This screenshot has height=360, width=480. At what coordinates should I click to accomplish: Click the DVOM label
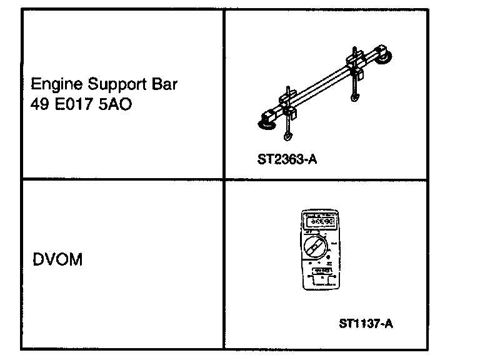coord(56,259)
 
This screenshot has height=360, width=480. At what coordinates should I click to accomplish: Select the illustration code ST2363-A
coord(287,159)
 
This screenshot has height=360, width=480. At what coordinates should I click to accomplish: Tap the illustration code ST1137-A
coord(367,324)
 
